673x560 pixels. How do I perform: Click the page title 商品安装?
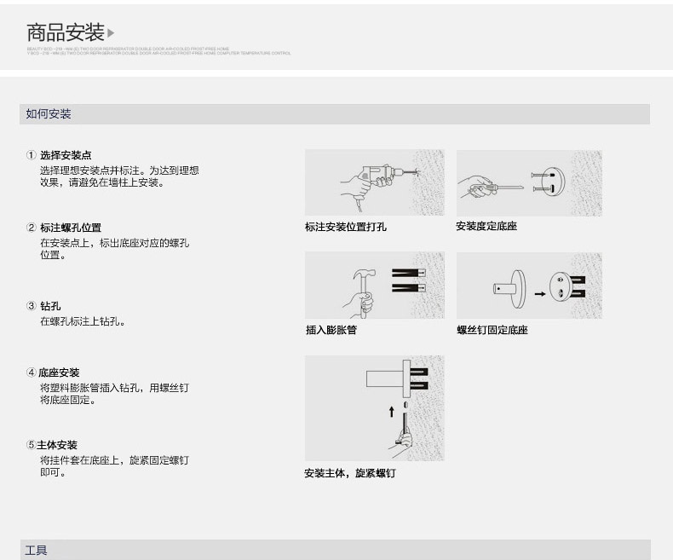(x=65, y=33)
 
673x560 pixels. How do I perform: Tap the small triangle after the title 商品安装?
(x=111, y=34)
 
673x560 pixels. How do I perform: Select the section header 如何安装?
(x=49, y=114)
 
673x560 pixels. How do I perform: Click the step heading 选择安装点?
(x=66, y=155)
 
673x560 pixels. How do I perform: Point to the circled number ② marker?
(x=32, y=228)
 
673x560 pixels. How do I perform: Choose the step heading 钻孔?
(x=50, y=306)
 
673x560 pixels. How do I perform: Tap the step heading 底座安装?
(x=59, y=372)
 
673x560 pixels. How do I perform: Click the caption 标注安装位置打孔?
(x=345, y=227)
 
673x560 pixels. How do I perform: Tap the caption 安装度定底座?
(x=486, y=226)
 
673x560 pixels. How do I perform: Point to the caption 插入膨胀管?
(x=331, y=330)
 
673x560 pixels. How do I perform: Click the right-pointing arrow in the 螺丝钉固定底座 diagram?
(x=538, y=294)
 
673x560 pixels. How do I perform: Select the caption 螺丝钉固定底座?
(x=492, y=330)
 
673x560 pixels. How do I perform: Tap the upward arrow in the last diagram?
(x=392, y=411)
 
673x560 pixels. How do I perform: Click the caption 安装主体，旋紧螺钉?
(x=349, y=473)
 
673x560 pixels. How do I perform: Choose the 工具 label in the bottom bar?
(x=37, y=551)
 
